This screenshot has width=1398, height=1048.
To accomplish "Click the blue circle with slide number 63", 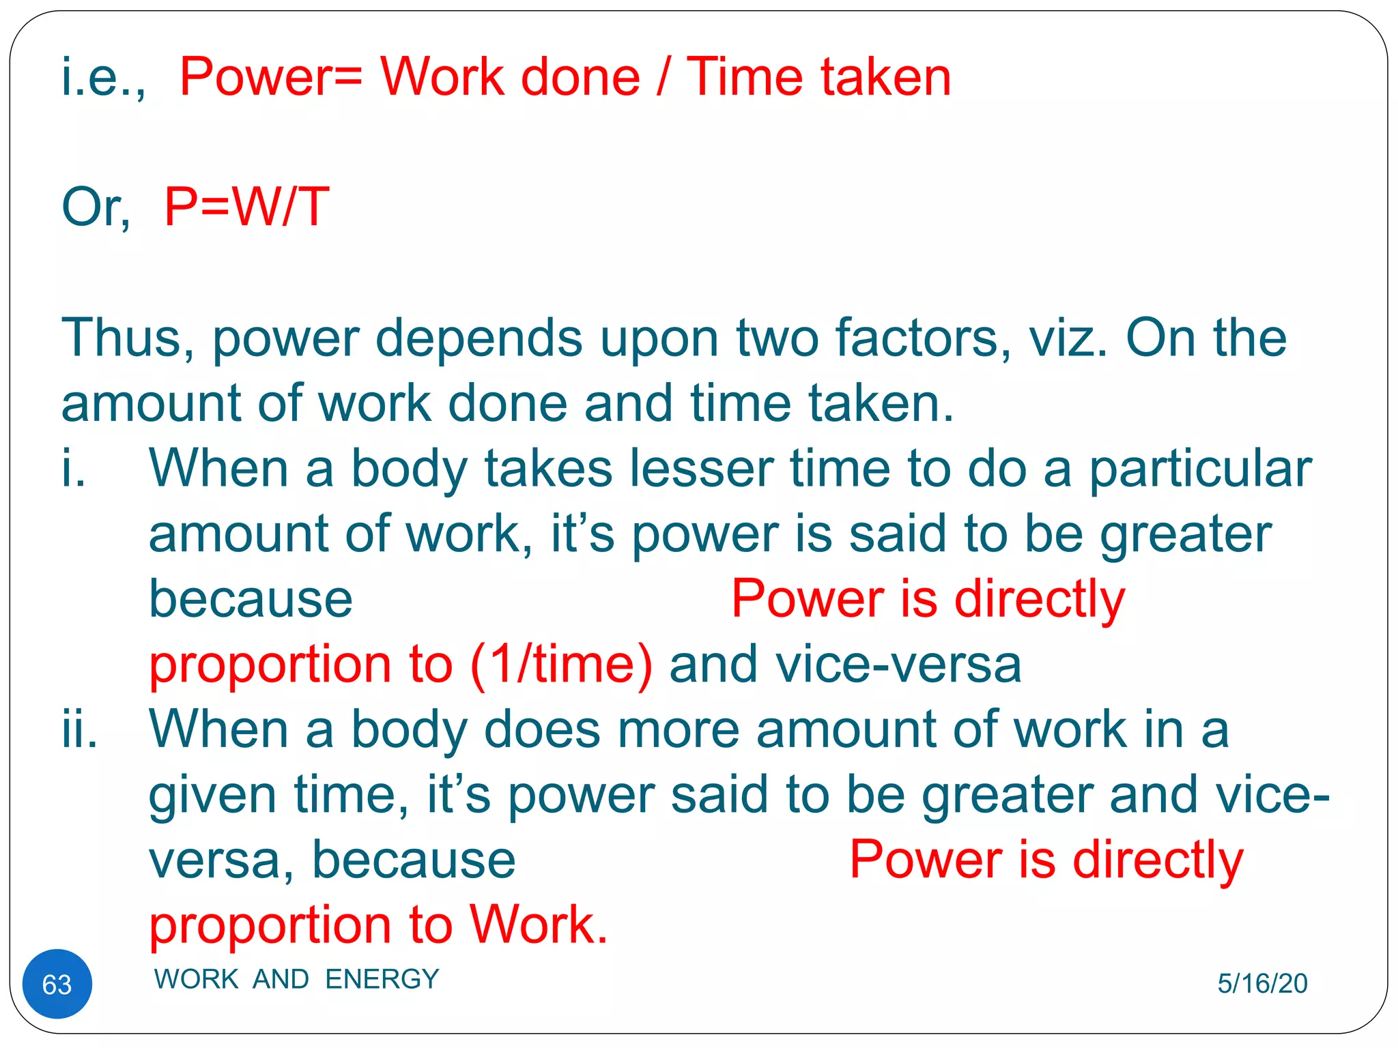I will (x=57, y=983).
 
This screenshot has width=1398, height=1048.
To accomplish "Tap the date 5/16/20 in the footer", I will (x=1262, y=983).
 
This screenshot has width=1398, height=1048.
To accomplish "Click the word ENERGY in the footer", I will (x=382, y=979).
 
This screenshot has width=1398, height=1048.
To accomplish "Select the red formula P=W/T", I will (x=246, y=207).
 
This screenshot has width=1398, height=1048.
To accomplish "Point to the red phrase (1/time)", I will (x=561, y=664).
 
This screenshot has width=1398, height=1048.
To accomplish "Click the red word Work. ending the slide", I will (x=539, y=925).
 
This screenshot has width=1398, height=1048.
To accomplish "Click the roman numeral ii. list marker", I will (x=79, y=729).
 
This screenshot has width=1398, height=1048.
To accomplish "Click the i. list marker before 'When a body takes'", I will (x=74, y=469).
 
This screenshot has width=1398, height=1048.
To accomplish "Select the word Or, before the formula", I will (x=96, y=207).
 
